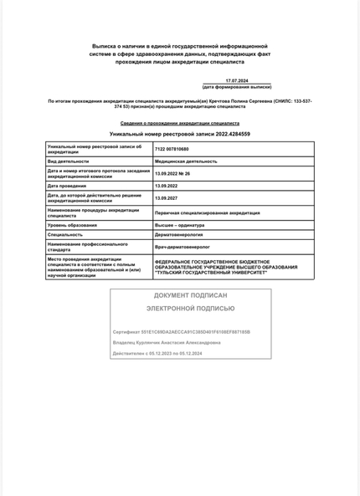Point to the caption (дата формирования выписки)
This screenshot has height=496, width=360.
pos(237,87)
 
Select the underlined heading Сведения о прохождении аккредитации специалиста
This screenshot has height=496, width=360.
pos(180,123)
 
